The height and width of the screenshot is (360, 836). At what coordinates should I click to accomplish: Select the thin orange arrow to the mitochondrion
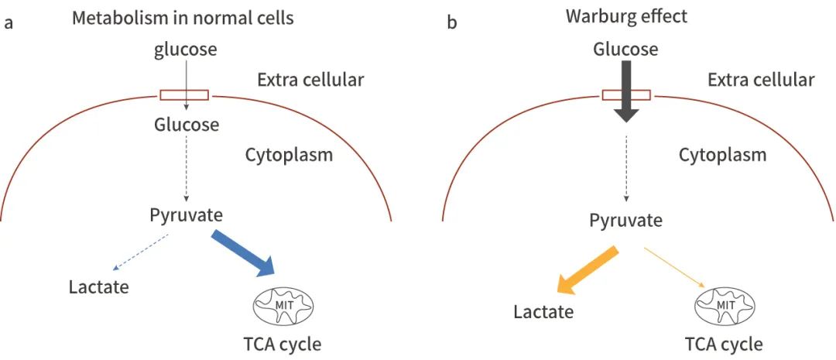tap(673, 268)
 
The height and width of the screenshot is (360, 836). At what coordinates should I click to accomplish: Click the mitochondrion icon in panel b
tap(725, 306)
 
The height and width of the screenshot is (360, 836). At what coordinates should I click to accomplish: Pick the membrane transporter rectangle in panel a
tap(184, 95)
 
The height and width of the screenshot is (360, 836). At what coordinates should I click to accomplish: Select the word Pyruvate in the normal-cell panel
tap(187, 214)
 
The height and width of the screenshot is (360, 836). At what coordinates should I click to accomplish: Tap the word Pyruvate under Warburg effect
tap(625, 220)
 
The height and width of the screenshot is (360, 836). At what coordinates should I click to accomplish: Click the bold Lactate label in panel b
tap(543, 312)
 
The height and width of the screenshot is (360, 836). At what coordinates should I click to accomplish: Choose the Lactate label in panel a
tap(98, 287)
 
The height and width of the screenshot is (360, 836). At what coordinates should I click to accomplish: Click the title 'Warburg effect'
tap(626, 16)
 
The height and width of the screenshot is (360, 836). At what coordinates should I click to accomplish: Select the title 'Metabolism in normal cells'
tap(183, 17)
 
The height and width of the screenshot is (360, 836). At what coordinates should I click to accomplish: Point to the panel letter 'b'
tap(452, 22)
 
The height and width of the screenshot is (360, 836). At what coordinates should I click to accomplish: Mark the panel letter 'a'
tap(9, 22)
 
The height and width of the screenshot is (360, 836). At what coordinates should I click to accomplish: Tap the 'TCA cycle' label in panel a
tap(281, 343)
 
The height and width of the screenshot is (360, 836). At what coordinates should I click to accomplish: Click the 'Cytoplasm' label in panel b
tap(722, 155)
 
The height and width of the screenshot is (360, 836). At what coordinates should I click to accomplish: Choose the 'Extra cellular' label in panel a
tap(310, 79)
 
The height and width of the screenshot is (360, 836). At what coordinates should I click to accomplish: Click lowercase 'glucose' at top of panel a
tap(185, 50)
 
